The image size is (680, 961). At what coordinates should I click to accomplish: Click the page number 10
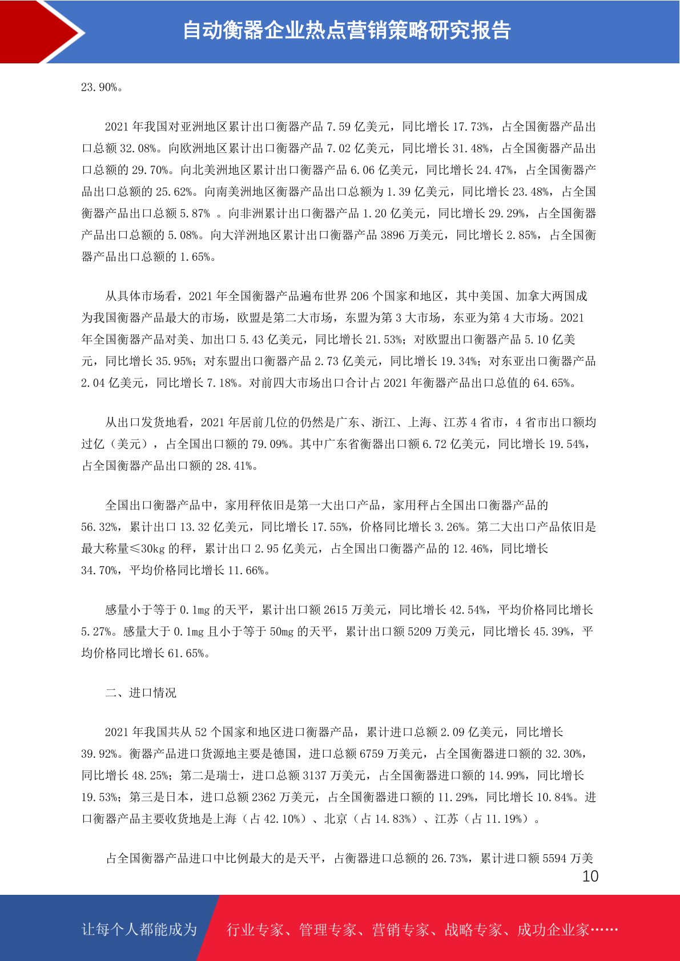tap(590, 877)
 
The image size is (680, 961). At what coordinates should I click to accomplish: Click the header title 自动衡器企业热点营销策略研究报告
tap(347, 30)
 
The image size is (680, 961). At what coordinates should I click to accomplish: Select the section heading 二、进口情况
tap(140, 693)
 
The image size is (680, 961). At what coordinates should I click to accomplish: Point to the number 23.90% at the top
tap(100, 87)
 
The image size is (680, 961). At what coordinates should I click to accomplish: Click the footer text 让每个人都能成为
tap(139, 930)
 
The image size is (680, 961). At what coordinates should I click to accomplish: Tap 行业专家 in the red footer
tap(255, 930)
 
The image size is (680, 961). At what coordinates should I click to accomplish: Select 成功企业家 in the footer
tap(553, 930)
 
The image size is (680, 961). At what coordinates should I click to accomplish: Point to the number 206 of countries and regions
tap(359, 296)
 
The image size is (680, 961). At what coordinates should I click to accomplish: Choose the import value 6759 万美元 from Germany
tap(392, 754)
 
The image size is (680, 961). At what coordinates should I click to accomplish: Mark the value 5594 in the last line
tap(554, 858)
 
